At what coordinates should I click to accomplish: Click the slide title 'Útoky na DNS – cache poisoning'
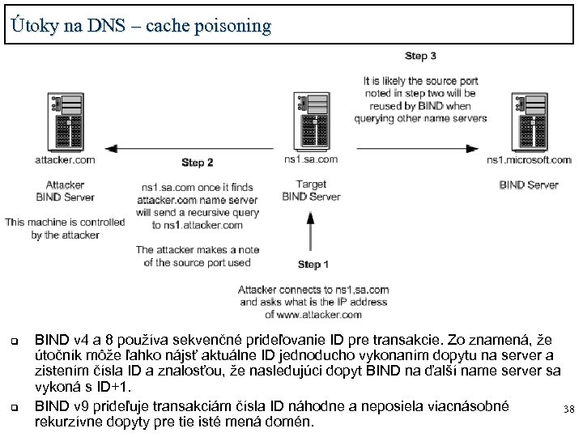tap(142, 25)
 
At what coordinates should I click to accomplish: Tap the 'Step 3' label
tap(420, 56)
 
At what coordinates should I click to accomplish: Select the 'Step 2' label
tap(197, 163)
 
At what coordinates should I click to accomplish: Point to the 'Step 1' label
tap(313, 265)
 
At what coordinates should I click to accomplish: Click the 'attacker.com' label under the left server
tap(65, 159)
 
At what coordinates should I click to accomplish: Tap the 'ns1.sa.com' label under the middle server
tap(311, 159)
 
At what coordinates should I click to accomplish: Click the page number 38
tap(568, 409)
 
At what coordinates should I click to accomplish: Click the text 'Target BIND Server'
tap(311, 190)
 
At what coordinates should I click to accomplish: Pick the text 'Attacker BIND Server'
tap(65, 190)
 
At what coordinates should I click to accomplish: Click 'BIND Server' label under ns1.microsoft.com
tap(529, 185)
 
